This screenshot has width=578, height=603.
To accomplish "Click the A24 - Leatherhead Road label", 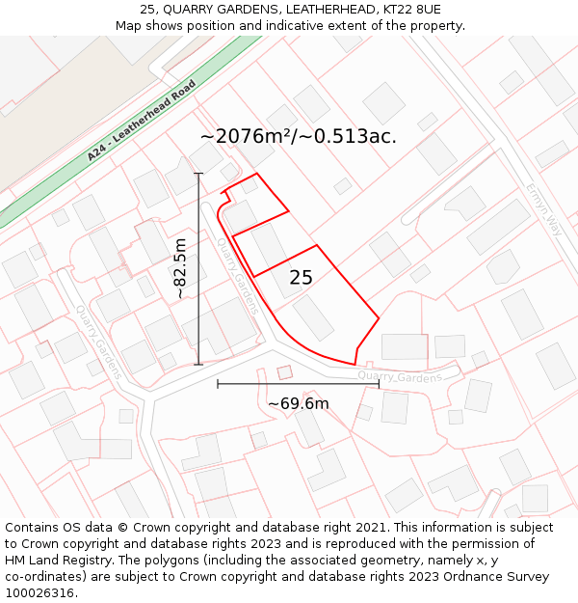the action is coord(141,121).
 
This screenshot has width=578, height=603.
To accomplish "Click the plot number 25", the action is coord(301,278).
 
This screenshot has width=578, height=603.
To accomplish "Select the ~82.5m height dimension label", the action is coord(180,269).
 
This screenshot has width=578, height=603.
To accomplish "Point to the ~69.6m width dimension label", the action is coord(298,403).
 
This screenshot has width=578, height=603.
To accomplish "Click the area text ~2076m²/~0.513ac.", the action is coord(298,136).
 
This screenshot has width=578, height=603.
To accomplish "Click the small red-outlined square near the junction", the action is coord(284,371).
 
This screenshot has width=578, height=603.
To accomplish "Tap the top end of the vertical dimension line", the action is coord(199,174).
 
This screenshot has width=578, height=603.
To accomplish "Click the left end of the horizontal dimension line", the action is coord(218,384).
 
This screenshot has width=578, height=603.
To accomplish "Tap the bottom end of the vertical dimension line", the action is coord(199,364).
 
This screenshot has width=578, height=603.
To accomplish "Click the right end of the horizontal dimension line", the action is coord(379,384).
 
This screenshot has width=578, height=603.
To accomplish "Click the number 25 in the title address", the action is coord(147,9).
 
